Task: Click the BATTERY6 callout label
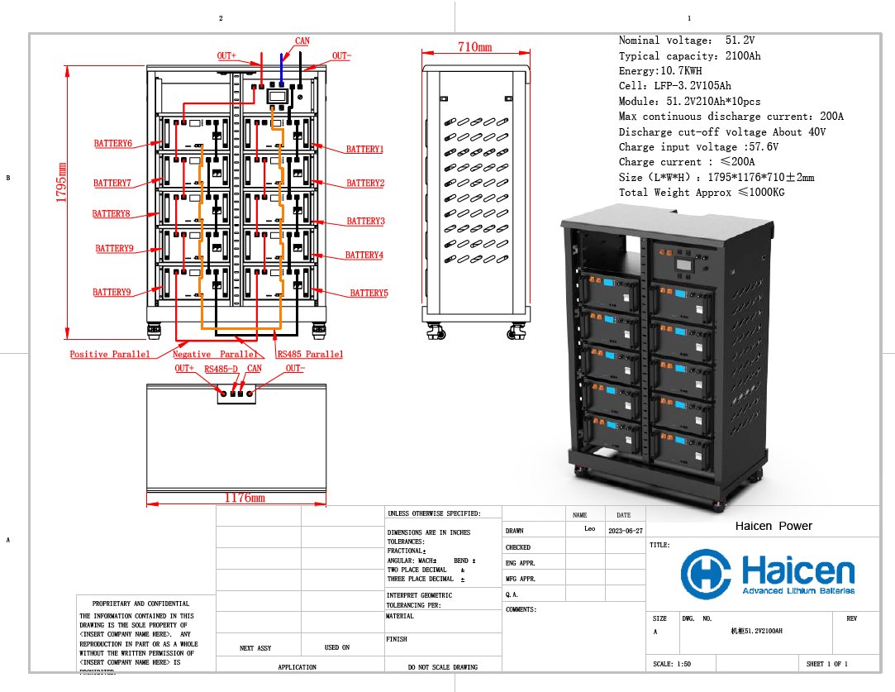112,144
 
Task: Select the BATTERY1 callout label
364,150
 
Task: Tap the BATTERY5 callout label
369,294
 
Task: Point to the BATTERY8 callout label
112,214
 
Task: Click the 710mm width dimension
474,48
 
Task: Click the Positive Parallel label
110,354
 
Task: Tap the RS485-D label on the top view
221,369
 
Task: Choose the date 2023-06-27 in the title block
625,531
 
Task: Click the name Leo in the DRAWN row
590,529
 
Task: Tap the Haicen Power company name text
774,526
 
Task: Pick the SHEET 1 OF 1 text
827,664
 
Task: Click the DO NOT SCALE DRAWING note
443,666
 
